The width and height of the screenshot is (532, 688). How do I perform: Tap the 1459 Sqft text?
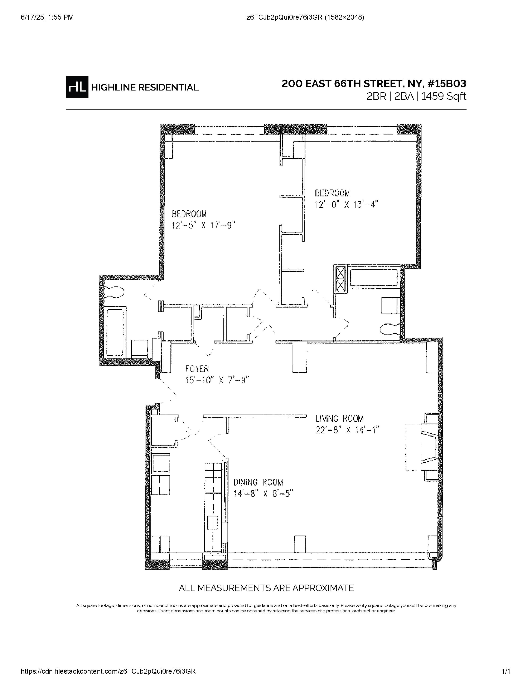click(x=444, y=96)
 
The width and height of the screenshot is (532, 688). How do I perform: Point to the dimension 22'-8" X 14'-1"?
click(x=347, y=430)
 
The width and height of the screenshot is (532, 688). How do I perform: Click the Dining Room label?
click(x=258, y=482)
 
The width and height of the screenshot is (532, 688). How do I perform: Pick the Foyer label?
click(x=197, y=369)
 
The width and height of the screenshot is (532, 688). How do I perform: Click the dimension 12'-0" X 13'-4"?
click(x=346, y=205)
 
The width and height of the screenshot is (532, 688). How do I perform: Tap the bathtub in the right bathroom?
click(x=373, y=278)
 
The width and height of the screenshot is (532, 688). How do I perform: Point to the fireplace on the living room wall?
click(x=429, y=447)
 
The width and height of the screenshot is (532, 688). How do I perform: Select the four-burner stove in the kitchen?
click(x=213, y=477)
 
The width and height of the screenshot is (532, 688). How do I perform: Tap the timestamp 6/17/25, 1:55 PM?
click(x=47, y=17)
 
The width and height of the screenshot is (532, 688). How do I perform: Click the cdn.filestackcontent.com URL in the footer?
click(x=108, y=671)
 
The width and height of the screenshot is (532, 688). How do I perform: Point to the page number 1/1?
click(x=506, y=671)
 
